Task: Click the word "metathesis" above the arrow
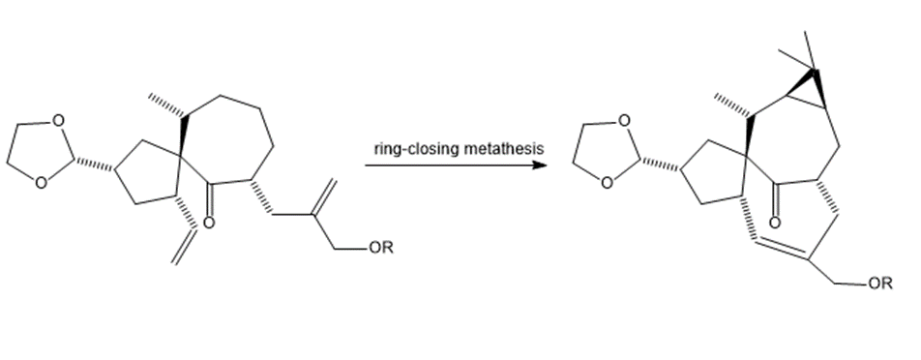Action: tap(503, 149)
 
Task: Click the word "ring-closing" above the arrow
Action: tap(417, 149)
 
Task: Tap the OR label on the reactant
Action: tap(381, 248)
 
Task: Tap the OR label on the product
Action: tap(880, 284)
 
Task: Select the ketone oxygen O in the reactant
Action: tap(208, 223)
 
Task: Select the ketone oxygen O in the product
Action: tap(775, 222)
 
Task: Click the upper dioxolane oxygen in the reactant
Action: tap(58, 120)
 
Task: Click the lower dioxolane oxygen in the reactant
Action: tap(41, 183)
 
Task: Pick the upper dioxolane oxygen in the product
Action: tap(624, 120)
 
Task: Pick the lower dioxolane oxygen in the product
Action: tap(608, 183)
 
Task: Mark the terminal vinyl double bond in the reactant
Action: tap(184, 246)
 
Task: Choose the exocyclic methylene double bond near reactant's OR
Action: tap(325, 197)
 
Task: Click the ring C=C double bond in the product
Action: tap(781, 251)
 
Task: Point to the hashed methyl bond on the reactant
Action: tap(166, 105)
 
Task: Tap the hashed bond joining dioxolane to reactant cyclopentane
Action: tap(95, 164)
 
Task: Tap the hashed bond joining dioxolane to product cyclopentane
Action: tap(662, 164)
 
